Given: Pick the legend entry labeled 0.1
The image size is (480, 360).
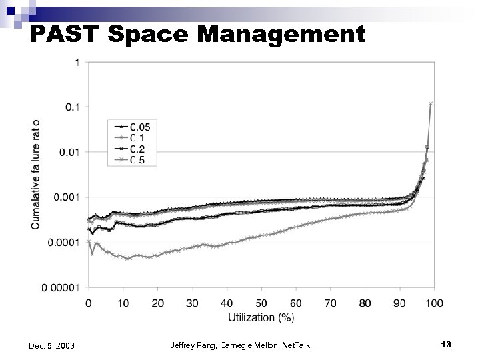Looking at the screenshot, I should pos(133,138).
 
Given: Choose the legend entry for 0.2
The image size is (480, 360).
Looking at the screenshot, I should pos(133,149).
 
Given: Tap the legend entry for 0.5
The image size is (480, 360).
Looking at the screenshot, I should pos(133,161).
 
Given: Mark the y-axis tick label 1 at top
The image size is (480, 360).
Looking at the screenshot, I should pos(79,62).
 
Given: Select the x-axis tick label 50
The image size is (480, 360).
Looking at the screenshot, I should pos(261,303).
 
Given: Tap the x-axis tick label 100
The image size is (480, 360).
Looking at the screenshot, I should pos(434,303).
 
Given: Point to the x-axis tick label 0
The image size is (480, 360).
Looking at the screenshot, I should pos(89,303).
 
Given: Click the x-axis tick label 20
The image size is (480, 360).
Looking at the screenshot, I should pos(158,303).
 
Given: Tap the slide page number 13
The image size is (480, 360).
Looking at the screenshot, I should pos(446,344).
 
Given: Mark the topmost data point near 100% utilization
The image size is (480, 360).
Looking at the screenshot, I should pos(431,103).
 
